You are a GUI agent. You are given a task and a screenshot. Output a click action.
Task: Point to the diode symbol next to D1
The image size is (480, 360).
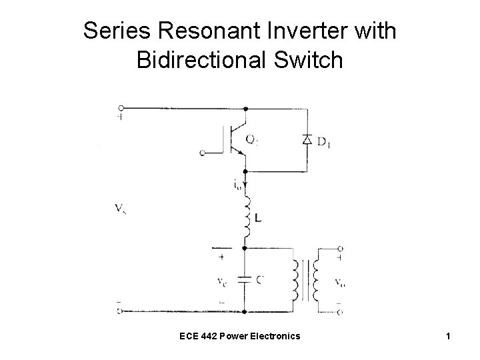[306, 140]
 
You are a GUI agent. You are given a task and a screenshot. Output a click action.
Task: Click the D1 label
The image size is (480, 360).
[326, 141]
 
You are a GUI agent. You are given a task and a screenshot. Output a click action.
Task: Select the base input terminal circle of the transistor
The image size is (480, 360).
[202, 153]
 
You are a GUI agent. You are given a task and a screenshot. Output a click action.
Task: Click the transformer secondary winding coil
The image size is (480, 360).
[318, 281]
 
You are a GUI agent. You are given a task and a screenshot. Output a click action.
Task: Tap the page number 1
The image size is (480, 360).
[450, 337]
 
